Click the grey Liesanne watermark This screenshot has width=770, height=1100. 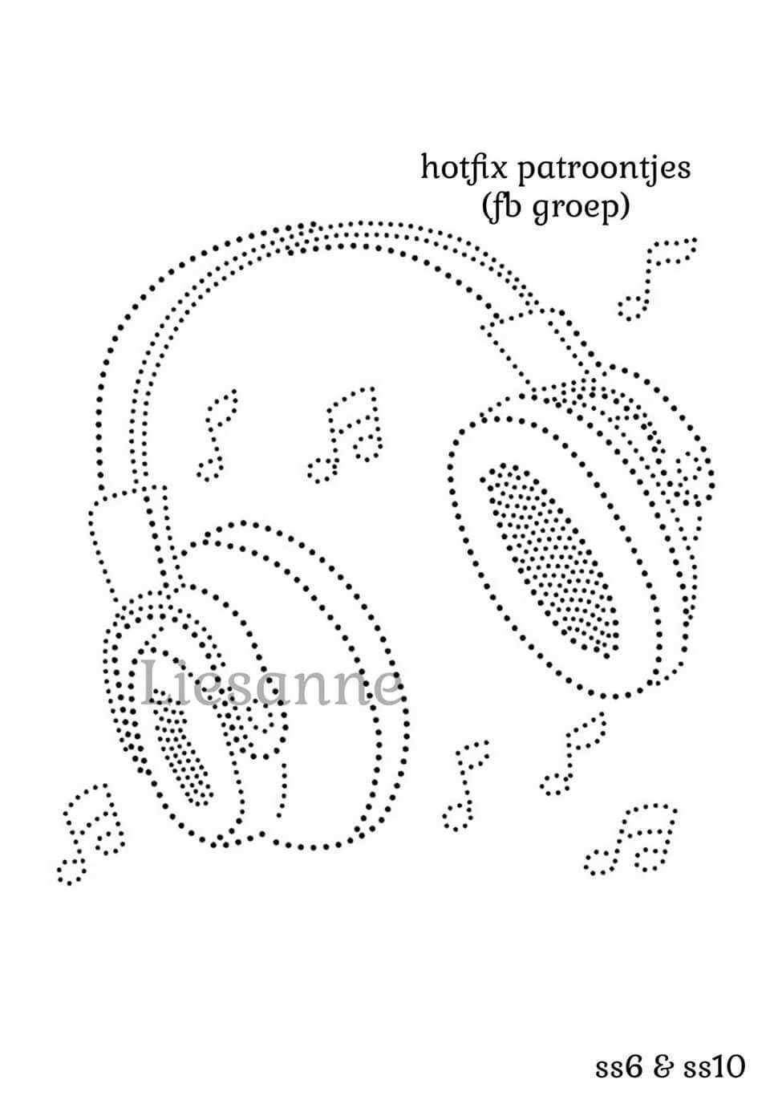click(x=271, y=684)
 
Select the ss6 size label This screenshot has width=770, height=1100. click(x=619, y=1067)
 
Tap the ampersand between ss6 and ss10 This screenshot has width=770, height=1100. click(x=663, y=1067)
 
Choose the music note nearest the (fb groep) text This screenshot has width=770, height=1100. click(x=656, y=277)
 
